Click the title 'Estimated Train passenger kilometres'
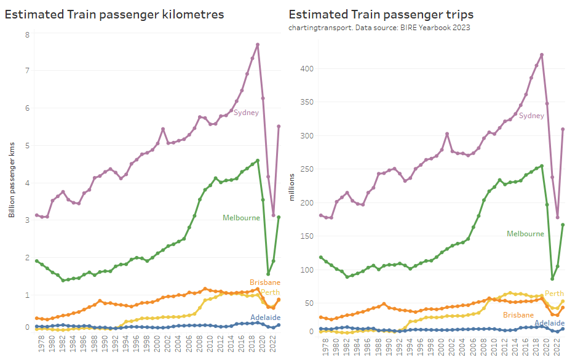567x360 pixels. (114, 14)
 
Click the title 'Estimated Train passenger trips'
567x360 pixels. (385, 14)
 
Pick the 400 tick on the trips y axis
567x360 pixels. (307, 68)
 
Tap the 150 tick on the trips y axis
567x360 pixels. (307, 236)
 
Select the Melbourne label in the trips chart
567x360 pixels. (525, 234)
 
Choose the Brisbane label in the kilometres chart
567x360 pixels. (265, 282)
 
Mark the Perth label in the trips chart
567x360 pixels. (555, 294)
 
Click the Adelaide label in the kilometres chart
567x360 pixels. (266, 317)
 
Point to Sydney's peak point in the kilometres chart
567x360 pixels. (258, 44)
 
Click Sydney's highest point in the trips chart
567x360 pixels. (542, 55)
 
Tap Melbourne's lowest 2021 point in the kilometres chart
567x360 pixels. (268, 274)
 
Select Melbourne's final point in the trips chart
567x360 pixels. (563, 225)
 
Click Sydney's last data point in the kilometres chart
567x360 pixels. (279, 127)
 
